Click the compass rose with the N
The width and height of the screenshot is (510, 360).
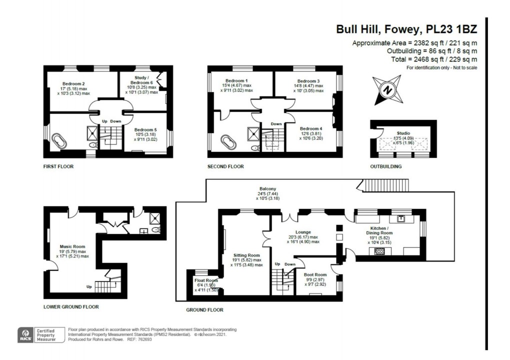pos(387,90)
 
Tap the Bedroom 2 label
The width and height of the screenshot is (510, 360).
pos(74,83)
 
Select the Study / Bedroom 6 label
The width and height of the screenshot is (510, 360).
pos(141,80)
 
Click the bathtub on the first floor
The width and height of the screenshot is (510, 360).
pos(59,141)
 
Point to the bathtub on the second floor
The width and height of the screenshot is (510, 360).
pos(229,142)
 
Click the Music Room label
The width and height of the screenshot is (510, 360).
pos(72,246)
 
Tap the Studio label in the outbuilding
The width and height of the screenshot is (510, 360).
pos(403,133)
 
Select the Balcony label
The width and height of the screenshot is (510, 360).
pos(267,188)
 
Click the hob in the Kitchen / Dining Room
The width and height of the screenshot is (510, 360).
pos(379,251)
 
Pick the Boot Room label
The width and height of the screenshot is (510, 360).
pos(315,274)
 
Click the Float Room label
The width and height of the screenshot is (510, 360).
pos(206,280)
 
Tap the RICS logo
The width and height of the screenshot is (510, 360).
pos(25,335)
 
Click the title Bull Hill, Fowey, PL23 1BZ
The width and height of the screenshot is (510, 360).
pos(406,29)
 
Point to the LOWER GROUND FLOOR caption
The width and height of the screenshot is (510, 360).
pos(71,306)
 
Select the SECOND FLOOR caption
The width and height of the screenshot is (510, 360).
pos(225,166)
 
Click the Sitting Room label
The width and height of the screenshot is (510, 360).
pos(246,255)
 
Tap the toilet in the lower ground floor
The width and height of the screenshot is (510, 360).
pos(156,230)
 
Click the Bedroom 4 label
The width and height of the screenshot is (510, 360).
pos(311,128)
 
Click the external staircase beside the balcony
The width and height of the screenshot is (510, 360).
pos(385,185)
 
